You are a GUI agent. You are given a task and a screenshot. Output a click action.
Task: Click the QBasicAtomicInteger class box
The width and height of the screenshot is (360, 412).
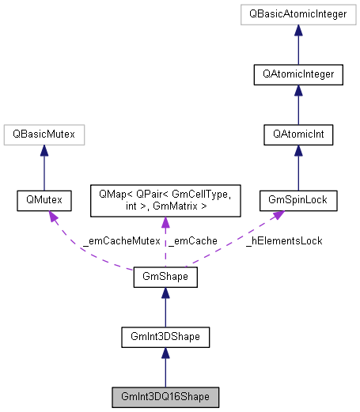coord(298,15)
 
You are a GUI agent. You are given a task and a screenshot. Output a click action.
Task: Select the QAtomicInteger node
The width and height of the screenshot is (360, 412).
coord(298,75)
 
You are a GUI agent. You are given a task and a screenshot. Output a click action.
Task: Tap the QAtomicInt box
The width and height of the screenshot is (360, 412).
coord(298,135)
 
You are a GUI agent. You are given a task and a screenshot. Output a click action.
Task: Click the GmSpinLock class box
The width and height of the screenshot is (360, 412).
coord(298,202)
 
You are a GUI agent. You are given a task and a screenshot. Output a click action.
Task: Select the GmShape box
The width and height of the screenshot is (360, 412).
coord(165,278)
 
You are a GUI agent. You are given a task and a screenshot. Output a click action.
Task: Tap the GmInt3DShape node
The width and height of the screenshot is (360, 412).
coord(165,336)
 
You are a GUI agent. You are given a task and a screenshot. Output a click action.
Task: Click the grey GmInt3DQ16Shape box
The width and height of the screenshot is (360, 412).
coord(165,395)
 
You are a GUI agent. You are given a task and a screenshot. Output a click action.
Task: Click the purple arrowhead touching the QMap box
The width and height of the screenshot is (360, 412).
coord(165,225)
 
